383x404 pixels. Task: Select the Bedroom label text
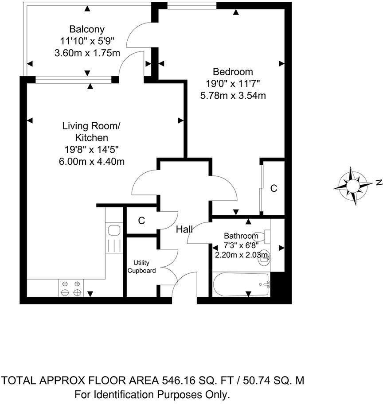233,72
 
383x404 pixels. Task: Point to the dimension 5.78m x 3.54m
233,95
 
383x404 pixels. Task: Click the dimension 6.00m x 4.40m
91,161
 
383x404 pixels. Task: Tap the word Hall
184,229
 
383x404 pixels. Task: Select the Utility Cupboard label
142,267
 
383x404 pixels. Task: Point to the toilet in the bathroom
265,236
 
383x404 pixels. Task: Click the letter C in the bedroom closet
274,188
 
